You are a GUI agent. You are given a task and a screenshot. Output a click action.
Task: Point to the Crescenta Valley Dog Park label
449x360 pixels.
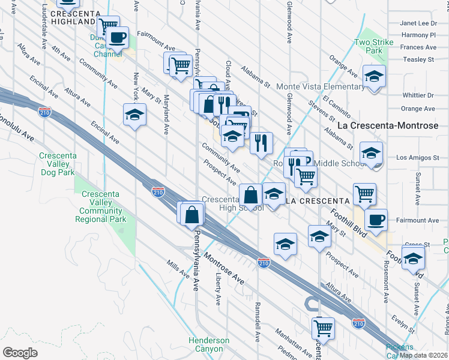click(x=57, y=164)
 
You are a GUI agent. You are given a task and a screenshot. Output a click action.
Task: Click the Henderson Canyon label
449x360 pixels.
click(x=209, y=344)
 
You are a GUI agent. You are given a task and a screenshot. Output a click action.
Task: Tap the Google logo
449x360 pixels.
click(x=20, y=352)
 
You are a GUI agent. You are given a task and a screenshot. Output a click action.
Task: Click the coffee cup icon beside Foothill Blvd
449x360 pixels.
click(x=376, y=219)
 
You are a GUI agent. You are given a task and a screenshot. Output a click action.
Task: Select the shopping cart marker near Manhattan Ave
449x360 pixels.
click(x=323, y=327)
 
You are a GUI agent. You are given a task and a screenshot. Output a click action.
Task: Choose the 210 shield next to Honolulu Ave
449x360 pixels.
click(x=44, y=112)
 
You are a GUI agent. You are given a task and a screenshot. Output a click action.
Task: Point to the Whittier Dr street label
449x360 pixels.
click(x=418, y=95)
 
